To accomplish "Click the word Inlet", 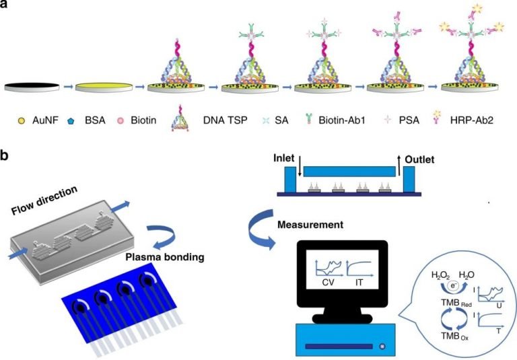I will coord(265,159).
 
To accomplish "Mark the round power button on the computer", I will coord(383,347).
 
